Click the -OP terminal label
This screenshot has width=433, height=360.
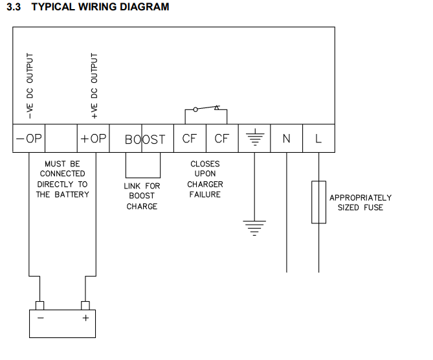(x=29, y=139)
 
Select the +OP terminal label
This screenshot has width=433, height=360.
(x=93, y=139)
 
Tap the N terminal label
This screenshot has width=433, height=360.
(x=286, y=139)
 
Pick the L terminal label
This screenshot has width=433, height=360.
(x=318, y=139)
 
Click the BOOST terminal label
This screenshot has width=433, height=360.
(x=145, y=139)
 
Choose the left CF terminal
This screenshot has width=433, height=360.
(x=190, y=139)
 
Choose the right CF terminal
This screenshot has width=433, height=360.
(x=222, y=139)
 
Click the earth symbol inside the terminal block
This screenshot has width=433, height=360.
(x=255, y=137)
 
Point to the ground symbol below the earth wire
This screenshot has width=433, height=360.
(x=254, y=228)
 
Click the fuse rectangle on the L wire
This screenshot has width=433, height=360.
(x=318, y=202)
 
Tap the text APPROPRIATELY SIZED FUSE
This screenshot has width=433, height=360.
(x=361, y=203)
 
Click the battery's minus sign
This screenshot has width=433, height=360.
(x=41, y=318)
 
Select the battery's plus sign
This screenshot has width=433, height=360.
(x=85, y=318)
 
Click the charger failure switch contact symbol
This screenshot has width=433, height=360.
(x=206, y=109)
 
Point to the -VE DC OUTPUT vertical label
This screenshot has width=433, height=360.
(x=30, y=86)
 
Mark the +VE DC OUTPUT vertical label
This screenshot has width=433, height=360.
(x=94, y=86)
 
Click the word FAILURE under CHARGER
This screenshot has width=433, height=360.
(x=205, y=194)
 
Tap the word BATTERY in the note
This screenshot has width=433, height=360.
(x=72, y=194)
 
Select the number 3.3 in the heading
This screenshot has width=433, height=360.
(x=14, y=7)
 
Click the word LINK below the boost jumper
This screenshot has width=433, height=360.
(x=132, y=186)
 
